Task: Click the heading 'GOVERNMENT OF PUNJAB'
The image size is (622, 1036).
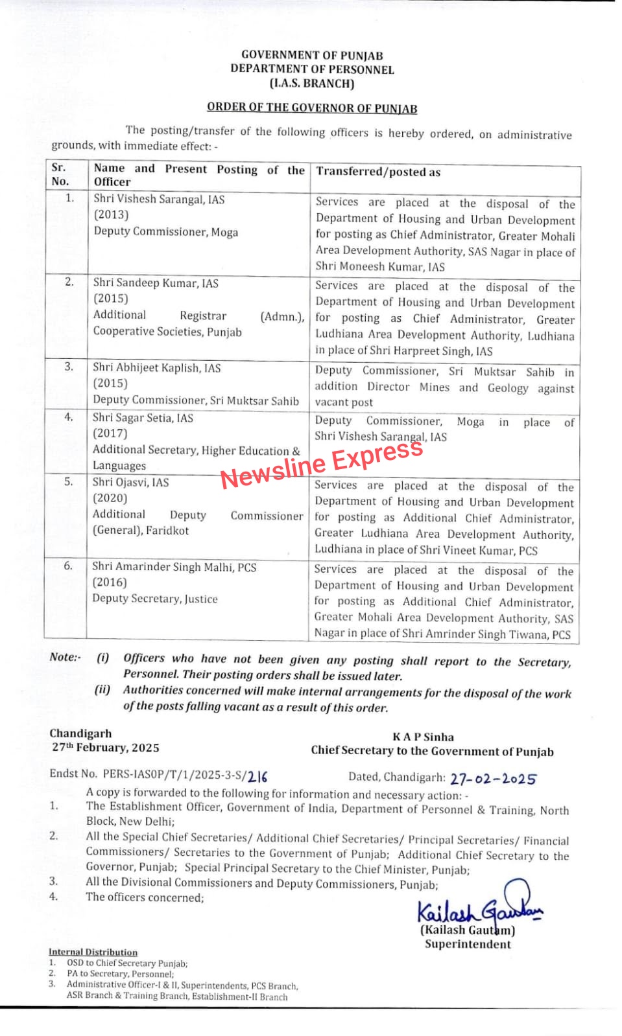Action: click(x=312, y=55)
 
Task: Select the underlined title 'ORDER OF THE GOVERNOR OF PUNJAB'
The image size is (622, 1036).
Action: click(x=312, y=108)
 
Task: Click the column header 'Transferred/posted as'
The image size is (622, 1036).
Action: click(x=378, y=172)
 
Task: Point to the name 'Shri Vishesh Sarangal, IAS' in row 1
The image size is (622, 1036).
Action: click(x=159, y=200)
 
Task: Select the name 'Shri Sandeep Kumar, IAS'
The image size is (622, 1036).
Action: click(x=156, y=283)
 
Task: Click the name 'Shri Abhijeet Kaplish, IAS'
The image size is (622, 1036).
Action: click(x=156, y=368)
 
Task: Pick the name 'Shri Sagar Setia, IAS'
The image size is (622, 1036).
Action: click(x=143, y=418)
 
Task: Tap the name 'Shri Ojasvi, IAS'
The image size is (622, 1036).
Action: click(x=130, y=482)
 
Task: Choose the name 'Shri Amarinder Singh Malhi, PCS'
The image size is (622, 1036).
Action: click(x=174, y=567)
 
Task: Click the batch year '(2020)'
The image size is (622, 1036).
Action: click(x=110, y=498)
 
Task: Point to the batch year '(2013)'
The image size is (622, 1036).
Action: click(x=111, y=214)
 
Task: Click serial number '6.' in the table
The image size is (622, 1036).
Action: click(x=68, y=566)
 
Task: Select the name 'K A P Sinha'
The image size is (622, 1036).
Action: click(x=423, y=737)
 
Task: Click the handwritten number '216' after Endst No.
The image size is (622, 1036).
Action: click(x=257, y=776)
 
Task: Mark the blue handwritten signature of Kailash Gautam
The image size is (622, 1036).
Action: click(x=479, y=907)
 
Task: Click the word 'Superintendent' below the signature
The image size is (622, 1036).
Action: click(x=468, y=944)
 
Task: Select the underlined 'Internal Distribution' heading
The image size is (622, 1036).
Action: click(x=93, y=952)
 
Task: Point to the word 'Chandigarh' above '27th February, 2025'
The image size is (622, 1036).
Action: click(x=80, y=733)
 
